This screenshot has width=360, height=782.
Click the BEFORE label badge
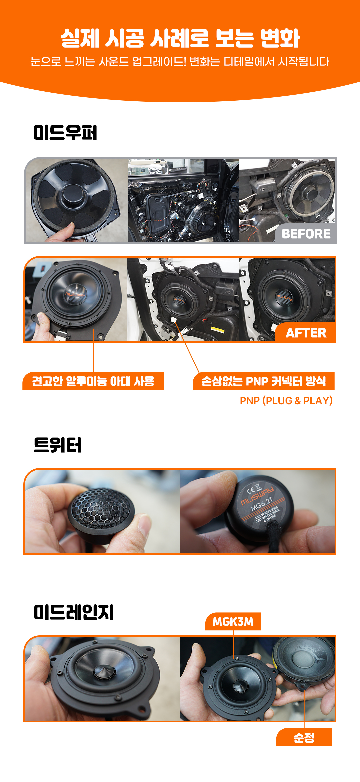click(306, 233)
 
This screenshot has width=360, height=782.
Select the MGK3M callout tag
click(233, 621)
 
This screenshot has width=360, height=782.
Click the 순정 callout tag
click(304, 737)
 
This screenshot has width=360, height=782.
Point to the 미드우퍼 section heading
click(65, 133)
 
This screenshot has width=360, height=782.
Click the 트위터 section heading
click(58, 445)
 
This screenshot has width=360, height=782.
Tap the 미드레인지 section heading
click(74, 612)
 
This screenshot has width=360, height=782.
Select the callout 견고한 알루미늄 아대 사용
click(93, 381)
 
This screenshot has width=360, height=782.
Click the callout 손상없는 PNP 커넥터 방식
click(264, 381)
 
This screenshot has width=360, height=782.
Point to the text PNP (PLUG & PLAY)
click(286, 400)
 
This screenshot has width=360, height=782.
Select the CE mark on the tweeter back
click(251, 490)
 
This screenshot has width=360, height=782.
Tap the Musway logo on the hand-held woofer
click(75, 294)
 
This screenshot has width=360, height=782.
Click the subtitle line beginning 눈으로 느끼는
click(180, 61)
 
